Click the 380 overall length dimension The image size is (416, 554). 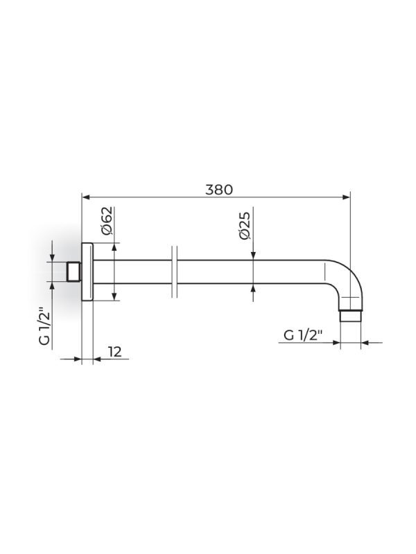(219, 190)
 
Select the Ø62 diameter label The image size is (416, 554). (107, 220)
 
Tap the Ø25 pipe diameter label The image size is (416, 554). (245, 226)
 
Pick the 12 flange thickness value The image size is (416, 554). (114, 352)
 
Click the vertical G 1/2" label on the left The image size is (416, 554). (44, 325)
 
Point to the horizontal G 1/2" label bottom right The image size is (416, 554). (303, 334)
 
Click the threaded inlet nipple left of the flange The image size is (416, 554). (74, 271)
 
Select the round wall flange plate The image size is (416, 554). (87, 271)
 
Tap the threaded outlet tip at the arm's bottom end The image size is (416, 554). (350, 316)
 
